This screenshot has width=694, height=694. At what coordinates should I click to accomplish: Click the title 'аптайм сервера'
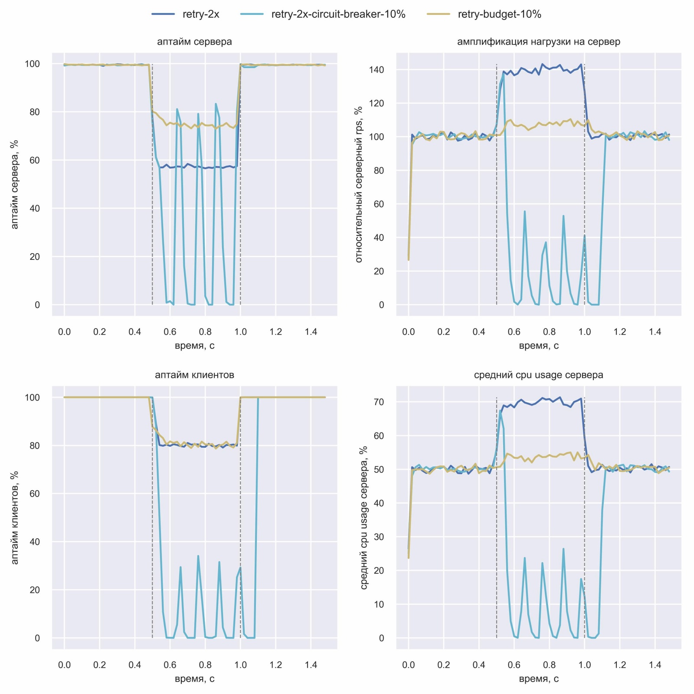pos(194,42)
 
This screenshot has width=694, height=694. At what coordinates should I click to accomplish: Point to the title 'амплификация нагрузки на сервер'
pos(539,42)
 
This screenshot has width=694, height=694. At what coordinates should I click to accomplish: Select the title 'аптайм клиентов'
pos(194,375)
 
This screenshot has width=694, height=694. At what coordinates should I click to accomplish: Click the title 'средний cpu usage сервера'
pos(539,375)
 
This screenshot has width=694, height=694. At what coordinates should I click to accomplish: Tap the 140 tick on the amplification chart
pos(376,70)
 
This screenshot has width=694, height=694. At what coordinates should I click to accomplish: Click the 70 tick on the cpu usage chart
pos(379,402)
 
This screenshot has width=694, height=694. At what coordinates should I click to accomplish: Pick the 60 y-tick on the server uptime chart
pos(35,160)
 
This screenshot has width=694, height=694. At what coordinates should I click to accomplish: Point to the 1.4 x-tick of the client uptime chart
pos(311,665)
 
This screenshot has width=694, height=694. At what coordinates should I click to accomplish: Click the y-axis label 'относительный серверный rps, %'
pos(359,184)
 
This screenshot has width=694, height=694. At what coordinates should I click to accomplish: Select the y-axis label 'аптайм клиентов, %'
pos(14,517)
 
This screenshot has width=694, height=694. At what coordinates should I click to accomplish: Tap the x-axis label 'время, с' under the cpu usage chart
pos(539,679)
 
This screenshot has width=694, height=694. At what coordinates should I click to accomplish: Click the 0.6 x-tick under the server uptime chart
pos(170,332)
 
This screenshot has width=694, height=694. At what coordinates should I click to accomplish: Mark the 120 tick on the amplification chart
pos(376,103)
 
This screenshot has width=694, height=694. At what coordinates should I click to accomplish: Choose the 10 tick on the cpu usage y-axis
pos(379,604)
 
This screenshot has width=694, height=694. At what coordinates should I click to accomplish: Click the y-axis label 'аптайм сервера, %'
pos(14,184)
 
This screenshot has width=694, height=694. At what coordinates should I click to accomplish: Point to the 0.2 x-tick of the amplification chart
pos(444,332)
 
